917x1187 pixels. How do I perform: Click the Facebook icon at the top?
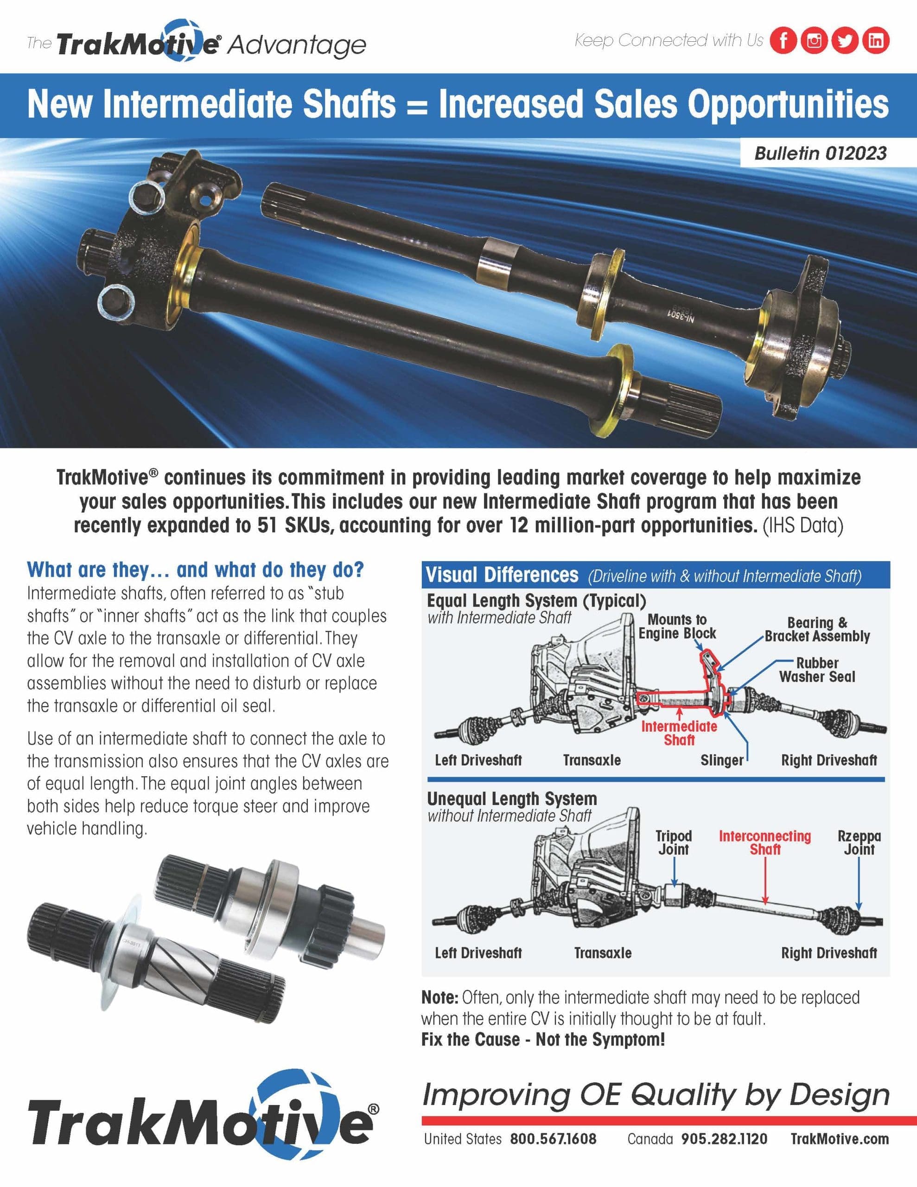783,41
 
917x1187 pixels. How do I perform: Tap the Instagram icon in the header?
814,41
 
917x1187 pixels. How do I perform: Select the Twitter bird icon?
845,41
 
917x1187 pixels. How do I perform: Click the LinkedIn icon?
876,41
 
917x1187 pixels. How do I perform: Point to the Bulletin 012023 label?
820,153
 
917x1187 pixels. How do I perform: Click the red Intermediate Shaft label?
679,733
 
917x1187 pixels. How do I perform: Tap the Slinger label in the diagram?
721,760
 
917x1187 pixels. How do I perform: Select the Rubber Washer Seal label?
817,670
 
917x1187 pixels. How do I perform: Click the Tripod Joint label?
674,842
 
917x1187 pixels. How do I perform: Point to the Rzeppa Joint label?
859,842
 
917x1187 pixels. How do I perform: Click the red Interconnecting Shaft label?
765,842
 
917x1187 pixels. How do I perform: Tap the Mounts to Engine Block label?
677,626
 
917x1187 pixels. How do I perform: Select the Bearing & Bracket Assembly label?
817,629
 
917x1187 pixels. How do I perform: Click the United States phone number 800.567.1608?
553,1139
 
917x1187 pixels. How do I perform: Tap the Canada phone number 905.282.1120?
724,1139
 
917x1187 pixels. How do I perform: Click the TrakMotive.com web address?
839,1139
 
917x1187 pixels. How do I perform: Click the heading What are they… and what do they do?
195,569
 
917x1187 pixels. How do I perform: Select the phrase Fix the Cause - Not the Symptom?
543,1039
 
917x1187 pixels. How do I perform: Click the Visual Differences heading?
502,575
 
